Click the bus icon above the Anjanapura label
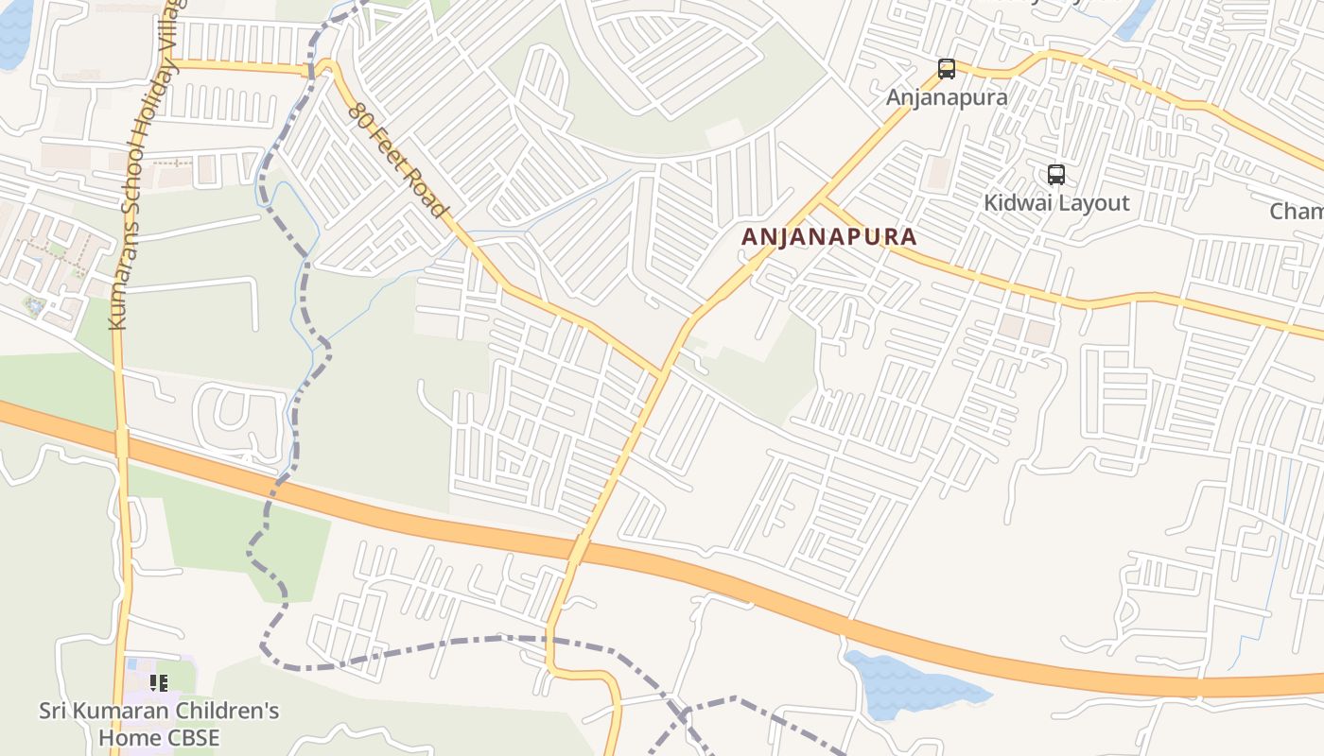pos(946,69)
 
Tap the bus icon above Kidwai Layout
pos(1055,175)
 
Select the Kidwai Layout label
pos(1056,203)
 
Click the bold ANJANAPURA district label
pos(829,236)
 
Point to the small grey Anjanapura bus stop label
pos(946,97)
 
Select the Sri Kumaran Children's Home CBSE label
pos(159,724)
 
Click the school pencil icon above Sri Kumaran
pos(159,682)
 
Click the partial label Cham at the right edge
pos(1297,212)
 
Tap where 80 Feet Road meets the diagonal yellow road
pos(661,373)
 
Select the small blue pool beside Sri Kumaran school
pos(35,306)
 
